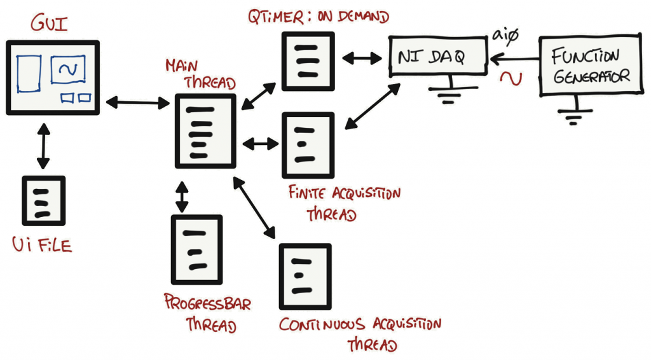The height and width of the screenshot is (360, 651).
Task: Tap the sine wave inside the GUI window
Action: [68, 70]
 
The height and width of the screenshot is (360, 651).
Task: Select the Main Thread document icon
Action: [205, 131]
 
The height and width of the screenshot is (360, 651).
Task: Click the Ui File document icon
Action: [43, 200]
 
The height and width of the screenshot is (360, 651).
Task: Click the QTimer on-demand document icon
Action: [308, 61]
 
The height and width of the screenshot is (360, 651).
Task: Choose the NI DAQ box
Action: [439, 57]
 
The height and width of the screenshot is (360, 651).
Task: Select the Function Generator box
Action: [589, 66]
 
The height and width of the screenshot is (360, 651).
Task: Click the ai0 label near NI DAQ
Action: [505, 36]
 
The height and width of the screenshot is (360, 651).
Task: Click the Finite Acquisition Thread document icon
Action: [308, 145]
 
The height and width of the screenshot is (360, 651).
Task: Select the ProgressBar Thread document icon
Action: [196, 249]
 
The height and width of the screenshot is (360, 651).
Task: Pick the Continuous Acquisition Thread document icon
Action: [305, 276]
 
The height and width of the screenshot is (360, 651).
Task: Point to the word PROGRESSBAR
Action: [207, 303]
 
